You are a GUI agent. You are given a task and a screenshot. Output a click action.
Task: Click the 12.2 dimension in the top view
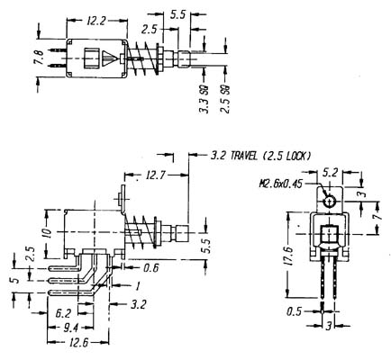pos(96,21)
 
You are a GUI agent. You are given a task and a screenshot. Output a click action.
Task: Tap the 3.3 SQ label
pos(205,100)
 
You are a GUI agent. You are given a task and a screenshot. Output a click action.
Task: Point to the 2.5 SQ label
pos(225,99)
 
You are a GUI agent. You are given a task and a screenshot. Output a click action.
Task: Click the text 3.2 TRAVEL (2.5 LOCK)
pos(260,156)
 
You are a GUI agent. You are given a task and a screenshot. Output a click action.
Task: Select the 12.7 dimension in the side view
pos(155,175)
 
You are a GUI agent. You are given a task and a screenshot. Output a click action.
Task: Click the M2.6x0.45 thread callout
pos(281,184)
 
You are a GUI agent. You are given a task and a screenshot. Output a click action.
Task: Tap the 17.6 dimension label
pos(289,255)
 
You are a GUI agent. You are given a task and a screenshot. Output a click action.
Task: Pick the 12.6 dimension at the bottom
pos(78,343)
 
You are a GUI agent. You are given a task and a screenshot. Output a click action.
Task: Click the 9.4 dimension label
pos(70,328)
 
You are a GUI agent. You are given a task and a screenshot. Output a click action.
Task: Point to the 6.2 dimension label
pos(63,313)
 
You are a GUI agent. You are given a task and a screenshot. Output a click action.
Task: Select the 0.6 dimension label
pos(150,268)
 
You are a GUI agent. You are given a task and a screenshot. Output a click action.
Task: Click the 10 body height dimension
pos(47,232)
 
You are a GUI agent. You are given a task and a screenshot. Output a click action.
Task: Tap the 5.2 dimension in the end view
pos(330,172)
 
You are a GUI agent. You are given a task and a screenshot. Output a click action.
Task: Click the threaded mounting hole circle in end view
pos(330,202)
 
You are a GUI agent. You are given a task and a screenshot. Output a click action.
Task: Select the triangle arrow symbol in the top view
pos(109,58)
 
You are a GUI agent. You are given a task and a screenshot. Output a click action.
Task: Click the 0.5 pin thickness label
pos(293,311)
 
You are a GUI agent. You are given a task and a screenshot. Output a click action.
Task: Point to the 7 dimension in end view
pos(378,215)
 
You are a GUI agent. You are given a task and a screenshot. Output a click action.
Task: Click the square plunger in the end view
pos(329,235)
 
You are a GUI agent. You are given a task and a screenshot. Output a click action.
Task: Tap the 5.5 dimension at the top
pos(177,14)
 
